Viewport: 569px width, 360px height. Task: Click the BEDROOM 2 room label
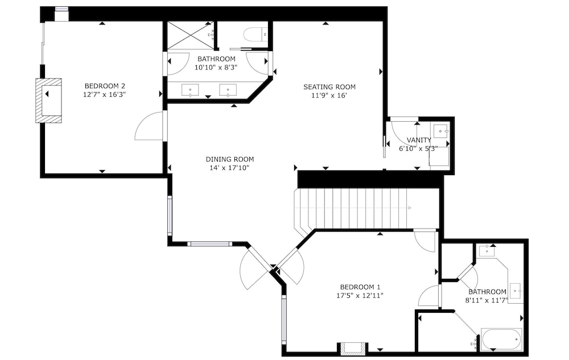[105, 86]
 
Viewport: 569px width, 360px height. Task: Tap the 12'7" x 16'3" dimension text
[105, 94]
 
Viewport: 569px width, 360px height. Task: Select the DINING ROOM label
[230, 159]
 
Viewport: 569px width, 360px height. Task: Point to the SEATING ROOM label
[329, 87]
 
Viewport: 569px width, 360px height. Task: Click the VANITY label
[419, 140]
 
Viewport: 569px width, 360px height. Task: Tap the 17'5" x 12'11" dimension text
[360, 296]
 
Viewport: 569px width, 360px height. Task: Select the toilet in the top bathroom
[256, 35]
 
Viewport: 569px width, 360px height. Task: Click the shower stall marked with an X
[191, 35]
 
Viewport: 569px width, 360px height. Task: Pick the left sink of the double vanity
[190, 90]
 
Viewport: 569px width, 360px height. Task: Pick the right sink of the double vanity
[228, 90]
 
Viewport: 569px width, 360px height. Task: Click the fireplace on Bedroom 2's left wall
[48, 101]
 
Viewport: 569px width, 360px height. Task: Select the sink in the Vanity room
[441, 130]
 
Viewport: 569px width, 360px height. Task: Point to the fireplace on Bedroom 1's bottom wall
[352, 349]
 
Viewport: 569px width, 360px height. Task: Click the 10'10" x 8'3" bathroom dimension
[216, 67]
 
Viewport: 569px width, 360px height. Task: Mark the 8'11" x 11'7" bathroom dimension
[486, 300]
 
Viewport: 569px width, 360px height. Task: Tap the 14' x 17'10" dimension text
[230, 168]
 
